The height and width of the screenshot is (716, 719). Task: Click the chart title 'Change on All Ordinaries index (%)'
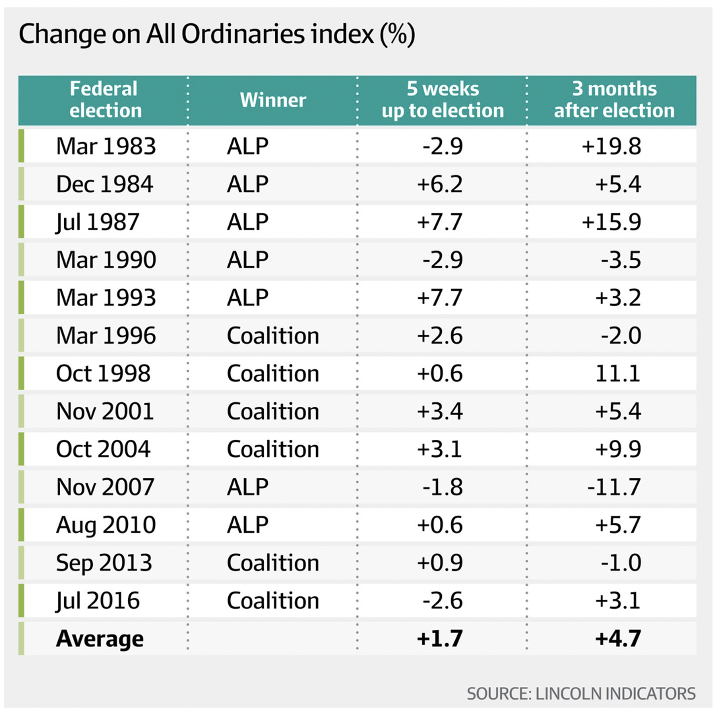(216, 35)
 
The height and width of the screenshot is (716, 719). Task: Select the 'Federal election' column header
(105, 100)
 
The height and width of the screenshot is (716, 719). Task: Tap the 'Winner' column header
(273, 100)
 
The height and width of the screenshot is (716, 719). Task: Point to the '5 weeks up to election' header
(442, 100)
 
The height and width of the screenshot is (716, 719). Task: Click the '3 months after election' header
(614, 100)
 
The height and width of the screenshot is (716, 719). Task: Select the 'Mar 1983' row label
(106, 146)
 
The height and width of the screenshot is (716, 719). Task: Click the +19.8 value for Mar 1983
(611, 146)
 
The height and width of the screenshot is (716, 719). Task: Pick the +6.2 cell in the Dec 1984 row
(439, 184)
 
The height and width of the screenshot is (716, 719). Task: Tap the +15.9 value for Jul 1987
(611, 222)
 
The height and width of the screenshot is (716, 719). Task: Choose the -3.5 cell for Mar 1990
(620, 260)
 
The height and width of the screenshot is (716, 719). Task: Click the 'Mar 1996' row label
(106, 336)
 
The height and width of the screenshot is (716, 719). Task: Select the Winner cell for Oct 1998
(273, 374)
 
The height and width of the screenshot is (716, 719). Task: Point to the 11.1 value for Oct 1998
(617, 374)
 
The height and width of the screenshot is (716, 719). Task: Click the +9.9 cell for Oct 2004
(617, 449)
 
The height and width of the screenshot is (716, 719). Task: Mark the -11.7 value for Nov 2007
(613, 487)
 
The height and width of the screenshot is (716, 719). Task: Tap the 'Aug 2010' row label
(106, 525)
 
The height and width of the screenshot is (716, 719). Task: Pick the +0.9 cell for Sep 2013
(439, 563)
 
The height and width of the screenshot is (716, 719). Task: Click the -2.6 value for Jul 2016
(442, 601)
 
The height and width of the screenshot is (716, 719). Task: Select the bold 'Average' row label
(100, 639)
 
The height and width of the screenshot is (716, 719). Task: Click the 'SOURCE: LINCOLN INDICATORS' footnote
(581, 694)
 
